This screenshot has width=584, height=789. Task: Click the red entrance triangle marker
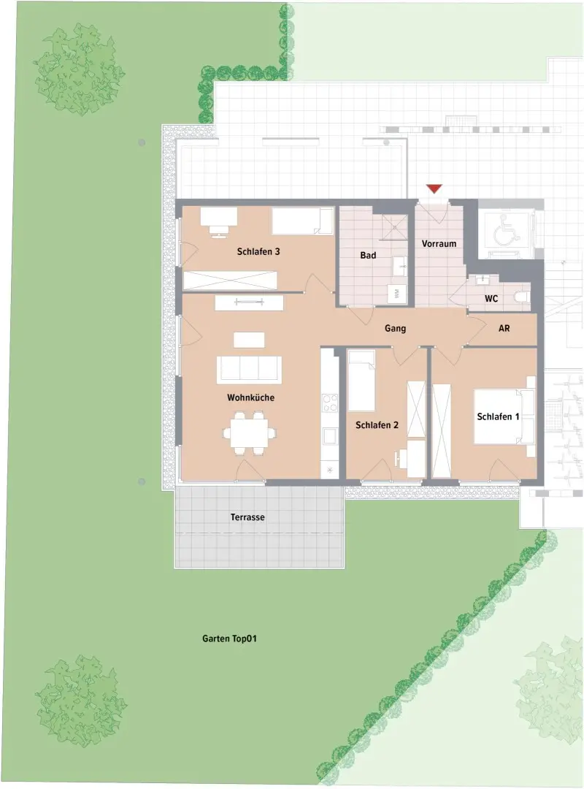pos(434,189)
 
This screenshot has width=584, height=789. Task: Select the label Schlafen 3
pos(258,252)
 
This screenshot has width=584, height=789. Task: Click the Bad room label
pos(368,256)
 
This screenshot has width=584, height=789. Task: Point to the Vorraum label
pos(439,243)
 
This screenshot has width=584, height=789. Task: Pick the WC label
pos(491,299)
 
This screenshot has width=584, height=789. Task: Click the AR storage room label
pos(504,329)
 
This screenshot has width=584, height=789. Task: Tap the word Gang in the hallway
pos(396,329)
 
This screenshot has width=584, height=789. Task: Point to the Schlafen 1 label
pos(498,417)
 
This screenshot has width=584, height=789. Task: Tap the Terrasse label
pos(247,517)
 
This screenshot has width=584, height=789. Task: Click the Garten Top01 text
pos(229,638)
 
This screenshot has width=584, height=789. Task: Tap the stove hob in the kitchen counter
pos(330,403)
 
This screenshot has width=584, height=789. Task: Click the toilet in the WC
pos(521,297)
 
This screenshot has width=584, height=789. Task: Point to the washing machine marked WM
pos(397,294)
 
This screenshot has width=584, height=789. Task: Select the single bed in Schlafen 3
pos(302,220)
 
